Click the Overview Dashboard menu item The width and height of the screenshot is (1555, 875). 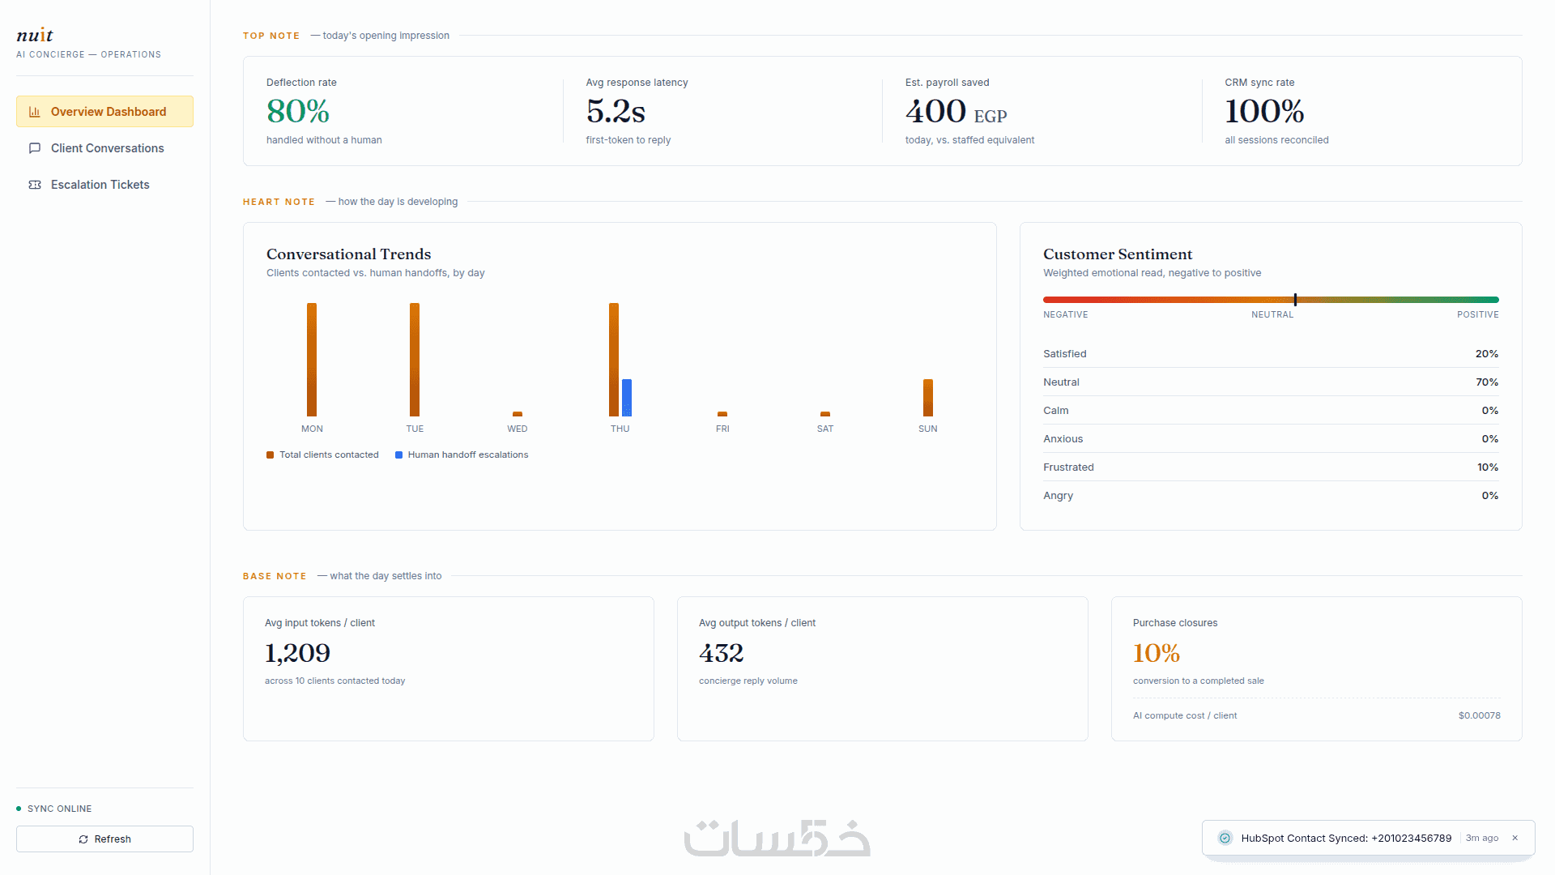point(104,112)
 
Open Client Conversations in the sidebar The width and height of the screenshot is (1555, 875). point(104,148)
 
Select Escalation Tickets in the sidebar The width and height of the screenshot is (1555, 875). point(104,185)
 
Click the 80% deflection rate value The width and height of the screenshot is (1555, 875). point(298,111)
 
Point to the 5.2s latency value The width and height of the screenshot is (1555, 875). point(616,111)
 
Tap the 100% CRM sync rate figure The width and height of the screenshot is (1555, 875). point(1264,111)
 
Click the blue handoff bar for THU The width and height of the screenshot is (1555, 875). point(627,398)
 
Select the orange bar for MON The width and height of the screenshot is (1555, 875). point(312,360)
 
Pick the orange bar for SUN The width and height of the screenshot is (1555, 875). point(928,398)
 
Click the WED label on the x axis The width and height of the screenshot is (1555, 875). point(518,429)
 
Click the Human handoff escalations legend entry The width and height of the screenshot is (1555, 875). point(462,455)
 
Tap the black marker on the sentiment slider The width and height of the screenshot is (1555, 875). point(1295,300)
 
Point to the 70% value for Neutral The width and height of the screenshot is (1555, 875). point(1487,382)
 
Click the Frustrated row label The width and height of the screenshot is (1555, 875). point(1068,467)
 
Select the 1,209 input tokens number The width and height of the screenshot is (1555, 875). point(297,653)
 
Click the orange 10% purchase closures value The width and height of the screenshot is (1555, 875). point(1157,653)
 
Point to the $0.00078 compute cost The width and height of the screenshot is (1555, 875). point(1480,715)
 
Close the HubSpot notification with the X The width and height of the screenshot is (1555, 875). point(1515,838)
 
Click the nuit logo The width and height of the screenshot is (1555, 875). point(35,35)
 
